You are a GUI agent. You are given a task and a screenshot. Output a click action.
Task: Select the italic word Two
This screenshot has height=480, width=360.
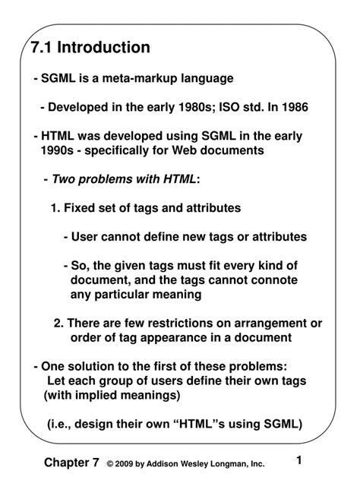66,178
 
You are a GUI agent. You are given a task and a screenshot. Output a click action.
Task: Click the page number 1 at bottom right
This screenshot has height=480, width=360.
299,460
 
